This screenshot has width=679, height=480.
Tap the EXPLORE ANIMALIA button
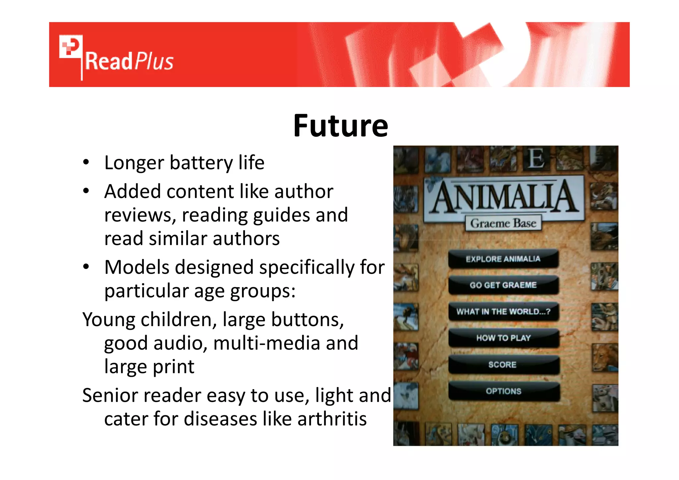[503, 259]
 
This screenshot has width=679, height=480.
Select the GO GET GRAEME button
[503, 285]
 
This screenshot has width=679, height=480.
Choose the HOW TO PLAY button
[503, 338]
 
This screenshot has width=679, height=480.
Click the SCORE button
[503, 365]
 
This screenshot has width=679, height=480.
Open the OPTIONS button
[503, 391]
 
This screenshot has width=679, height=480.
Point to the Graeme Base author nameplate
[503, 223]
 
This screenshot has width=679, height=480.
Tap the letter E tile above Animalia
[536, 159]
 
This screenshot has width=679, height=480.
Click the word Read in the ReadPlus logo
[109, 62]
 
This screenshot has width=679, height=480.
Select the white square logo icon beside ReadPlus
[71, 46]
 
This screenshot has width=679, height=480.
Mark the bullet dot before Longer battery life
[86, 163]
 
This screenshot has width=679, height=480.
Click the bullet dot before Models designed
[86, 267]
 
